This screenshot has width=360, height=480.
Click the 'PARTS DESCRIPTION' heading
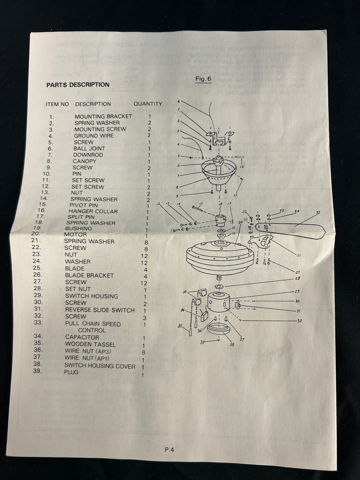(x=78, y=85)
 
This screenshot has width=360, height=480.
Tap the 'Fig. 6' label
(x=203, y=79)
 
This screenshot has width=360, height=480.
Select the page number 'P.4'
(x=169, y=449)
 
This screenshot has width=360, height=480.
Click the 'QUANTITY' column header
(x=148, y=104)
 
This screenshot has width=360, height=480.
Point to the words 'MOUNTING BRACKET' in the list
(x=103, y=116)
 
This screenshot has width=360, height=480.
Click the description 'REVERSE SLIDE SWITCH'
(x=100, y=310)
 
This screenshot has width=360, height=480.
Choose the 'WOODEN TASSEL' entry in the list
(x=90, y=344)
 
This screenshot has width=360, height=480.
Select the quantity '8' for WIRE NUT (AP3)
(x=143, y=352)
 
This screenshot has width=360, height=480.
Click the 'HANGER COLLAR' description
(x=93, y=211)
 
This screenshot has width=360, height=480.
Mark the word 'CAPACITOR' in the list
(x=82, y=337)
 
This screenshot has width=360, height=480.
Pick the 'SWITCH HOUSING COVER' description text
(x=100, y=366)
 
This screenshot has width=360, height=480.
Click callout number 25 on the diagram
(x=318, y=212)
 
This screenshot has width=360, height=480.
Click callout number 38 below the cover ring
(x=231, y=344)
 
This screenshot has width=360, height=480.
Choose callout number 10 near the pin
(x=242, y=167)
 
